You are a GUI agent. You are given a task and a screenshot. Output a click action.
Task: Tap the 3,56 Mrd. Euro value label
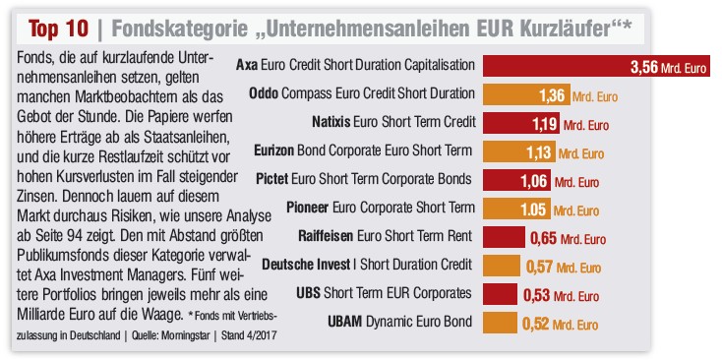coord(666,68)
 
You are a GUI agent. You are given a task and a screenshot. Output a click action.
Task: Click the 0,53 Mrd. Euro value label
coord(563,293)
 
